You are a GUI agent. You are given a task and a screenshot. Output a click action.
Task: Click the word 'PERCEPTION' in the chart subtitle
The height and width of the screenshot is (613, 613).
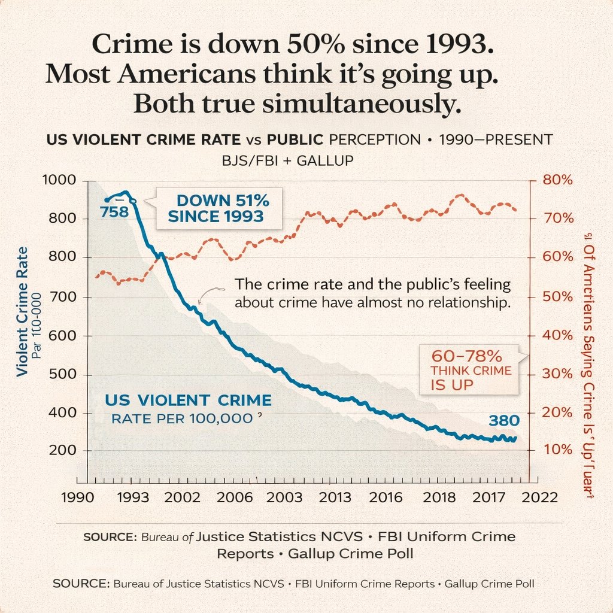(x=375, y=139)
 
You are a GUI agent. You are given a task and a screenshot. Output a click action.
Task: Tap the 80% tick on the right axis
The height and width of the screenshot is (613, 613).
(x=557, y=180)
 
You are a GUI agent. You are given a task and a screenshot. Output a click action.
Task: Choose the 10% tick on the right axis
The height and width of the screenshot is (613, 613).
(x=557, y=450)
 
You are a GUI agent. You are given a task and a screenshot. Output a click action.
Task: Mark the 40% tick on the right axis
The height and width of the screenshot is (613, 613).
(x=557, y=335)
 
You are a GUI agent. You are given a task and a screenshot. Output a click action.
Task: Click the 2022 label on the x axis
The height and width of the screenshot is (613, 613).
(x=540, y=497)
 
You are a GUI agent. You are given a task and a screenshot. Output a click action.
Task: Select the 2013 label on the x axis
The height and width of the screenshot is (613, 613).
(x=335, y=497)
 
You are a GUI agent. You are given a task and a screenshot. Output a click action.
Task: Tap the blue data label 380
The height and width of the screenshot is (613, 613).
(x=503, y=420)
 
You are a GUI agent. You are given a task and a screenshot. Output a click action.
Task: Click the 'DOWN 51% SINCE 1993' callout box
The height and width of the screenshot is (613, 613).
(x=217, y=207)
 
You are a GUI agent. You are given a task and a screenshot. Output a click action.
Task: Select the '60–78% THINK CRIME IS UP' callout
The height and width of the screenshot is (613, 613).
(x=471, y=370)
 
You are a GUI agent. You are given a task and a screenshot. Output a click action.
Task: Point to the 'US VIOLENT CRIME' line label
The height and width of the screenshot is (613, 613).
(x=188, y=400)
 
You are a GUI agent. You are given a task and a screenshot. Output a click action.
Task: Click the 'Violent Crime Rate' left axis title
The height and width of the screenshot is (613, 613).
(x=22, y=311)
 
